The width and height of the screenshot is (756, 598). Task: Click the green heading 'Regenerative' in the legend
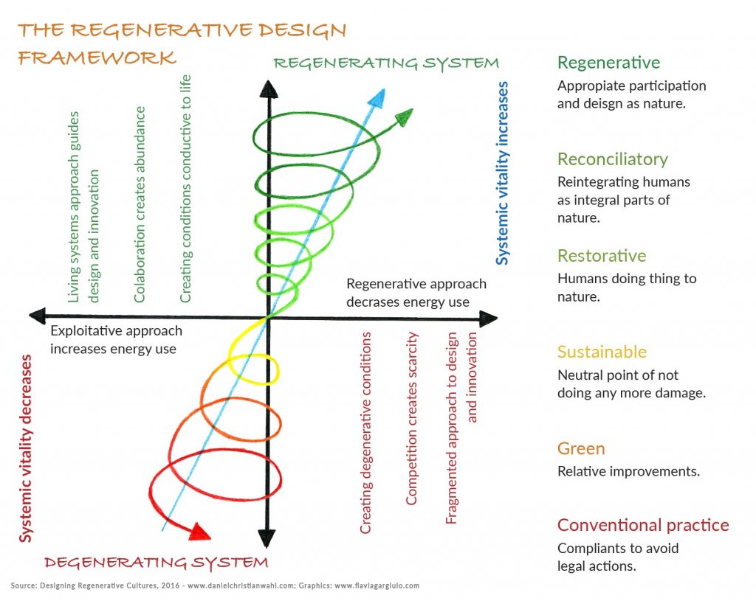[608, 63]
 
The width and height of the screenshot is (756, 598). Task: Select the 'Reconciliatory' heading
[612, 159]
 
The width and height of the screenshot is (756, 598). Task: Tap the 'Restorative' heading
[601, 256]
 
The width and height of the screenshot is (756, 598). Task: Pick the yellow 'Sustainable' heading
[601, 352]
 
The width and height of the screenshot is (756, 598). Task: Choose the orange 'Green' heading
[581, 448]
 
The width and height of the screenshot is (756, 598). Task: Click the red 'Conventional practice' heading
[642, 525]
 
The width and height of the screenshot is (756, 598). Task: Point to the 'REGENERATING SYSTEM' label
[385, 63]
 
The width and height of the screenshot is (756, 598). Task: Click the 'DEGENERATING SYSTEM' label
[156, 563]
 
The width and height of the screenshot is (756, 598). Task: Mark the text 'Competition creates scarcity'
[412, 418]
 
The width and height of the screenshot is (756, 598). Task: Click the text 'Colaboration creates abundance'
[140, 204]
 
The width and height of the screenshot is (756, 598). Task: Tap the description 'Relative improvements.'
[628, 471]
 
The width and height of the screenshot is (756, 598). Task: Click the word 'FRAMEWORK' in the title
[97, 58]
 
